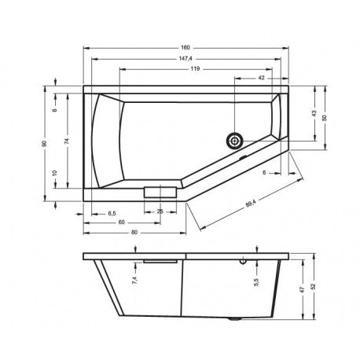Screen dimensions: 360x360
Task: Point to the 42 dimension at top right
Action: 260,78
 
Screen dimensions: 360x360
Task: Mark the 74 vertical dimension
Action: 68,142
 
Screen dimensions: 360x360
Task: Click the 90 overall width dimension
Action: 45,143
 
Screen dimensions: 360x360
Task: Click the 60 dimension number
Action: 123,222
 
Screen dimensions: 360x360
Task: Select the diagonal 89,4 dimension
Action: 250,204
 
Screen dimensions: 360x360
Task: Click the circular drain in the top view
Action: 233,141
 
